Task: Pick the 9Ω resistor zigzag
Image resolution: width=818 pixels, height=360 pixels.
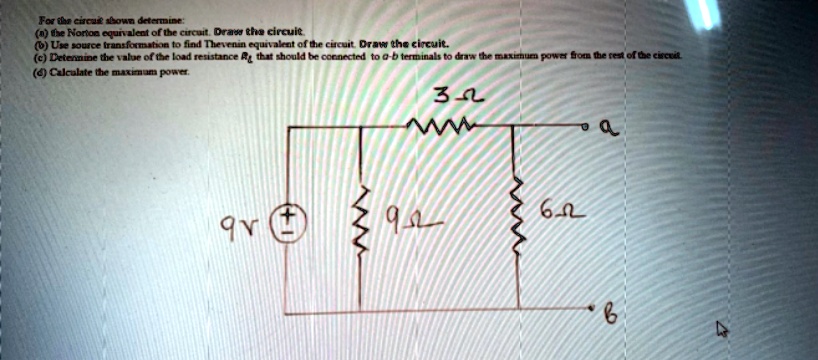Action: pyautogui.click(x=363, y=216)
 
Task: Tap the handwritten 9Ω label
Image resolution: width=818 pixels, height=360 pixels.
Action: pyautogui.click(x=407, y=217)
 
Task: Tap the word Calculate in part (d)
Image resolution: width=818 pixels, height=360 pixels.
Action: pyautogui.click(x=65, y=68)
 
